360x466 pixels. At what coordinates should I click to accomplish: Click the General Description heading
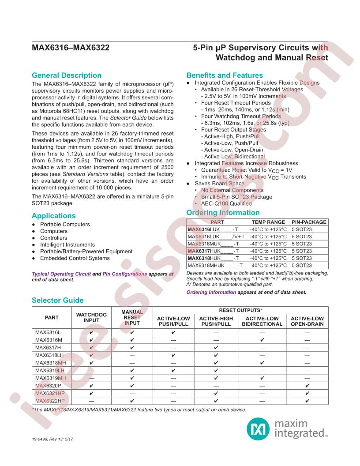coord(67,75)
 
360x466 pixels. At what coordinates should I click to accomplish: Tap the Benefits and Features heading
coord(225,75)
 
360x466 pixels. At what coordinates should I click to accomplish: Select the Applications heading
coord(54,216)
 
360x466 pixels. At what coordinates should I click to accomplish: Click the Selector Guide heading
coord(57,300)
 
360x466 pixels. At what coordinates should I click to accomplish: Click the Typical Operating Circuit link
coord(61,274)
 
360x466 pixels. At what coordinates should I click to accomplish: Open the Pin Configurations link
coord(124,274)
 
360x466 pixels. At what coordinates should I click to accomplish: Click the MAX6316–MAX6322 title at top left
coord(71,48)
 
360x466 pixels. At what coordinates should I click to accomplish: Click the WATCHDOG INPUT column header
coord(91,317)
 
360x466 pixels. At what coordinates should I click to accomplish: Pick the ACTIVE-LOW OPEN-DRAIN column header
coord(307,321)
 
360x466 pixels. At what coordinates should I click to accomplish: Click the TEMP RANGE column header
coord(268,222)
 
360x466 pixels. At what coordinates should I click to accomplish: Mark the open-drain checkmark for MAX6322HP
coord(307,401)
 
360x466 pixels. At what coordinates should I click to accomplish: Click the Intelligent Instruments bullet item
coord(67,244)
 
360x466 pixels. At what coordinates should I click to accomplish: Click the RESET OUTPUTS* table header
coord(240,310)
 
